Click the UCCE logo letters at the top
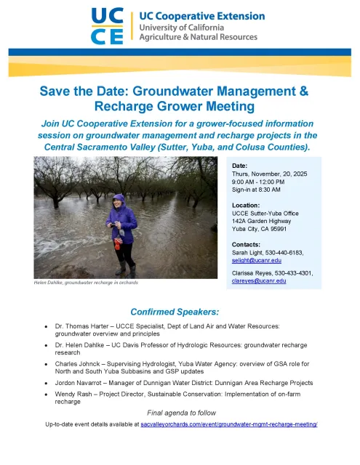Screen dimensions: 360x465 108,27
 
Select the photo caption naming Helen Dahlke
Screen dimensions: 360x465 86,282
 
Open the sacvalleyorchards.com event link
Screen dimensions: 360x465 228,422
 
